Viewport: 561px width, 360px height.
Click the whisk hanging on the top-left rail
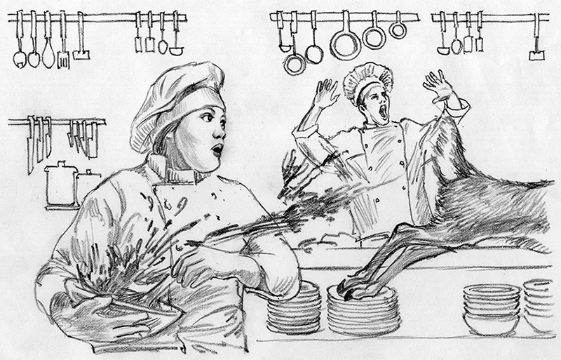tap(48, 53)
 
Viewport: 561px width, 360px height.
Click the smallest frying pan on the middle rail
tap(398, 29)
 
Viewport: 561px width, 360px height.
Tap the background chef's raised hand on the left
tap(325, 92)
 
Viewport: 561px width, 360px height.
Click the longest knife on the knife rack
tap(31, 144)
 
